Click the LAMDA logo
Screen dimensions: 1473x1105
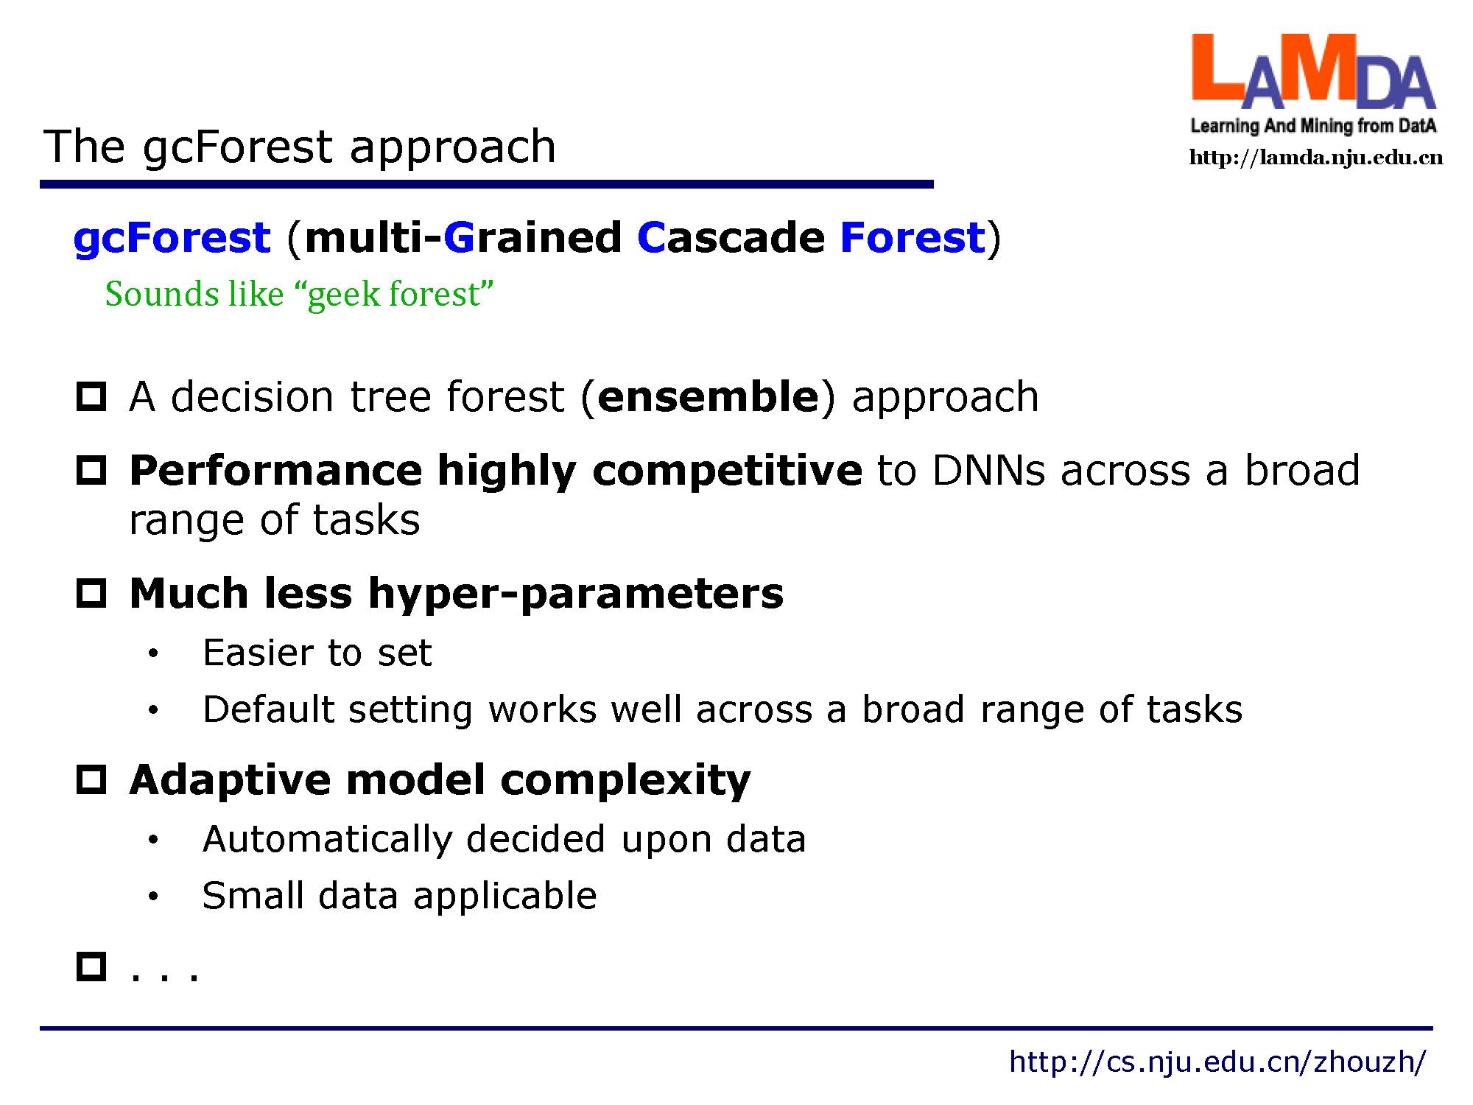1314,84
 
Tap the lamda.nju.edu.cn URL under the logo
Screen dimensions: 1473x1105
1316,158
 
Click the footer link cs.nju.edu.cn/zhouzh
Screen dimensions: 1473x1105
1217,1062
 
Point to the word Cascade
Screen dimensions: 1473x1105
731,237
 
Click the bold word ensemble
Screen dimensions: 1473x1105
709,396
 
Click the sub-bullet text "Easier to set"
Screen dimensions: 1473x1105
317,653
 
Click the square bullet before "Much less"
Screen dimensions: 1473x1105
92,593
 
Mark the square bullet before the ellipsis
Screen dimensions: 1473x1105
92,967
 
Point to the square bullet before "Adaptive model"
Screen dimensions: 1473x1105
92,779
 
